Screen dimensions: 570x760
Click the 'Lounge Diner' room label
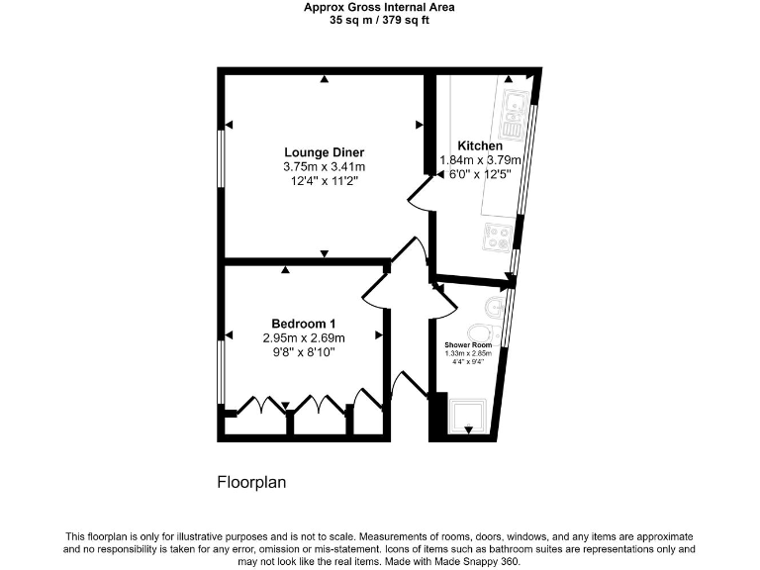pos(324,151)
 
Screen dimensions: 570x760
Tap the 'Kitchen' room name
pos(479,145)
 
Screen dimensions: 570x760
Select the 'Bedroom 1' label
pos(304,323)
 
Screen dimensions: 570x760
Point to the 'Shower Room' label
pos(468,344)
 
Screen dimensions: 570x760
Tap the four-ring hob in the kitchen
pos(496,236)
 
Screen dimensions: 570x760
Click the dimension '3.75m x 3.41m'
pos(324,166)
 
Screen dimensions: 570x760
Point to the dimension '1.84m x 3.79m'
pos(480,160)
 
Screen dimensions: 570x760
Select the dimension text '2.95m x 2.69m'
pos(304,337)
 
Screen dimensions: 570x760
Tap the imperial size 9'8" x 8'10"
pos(304,352)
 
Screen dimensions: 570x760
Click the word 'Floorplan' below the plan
pos(251,483)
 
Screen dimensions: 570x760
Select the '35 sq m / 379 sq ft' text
pos(380,19)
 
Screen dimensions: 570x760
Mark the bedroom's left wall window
pos(221,371)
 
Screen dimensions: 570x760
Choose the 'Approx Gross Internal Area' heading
pos(380,7)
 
